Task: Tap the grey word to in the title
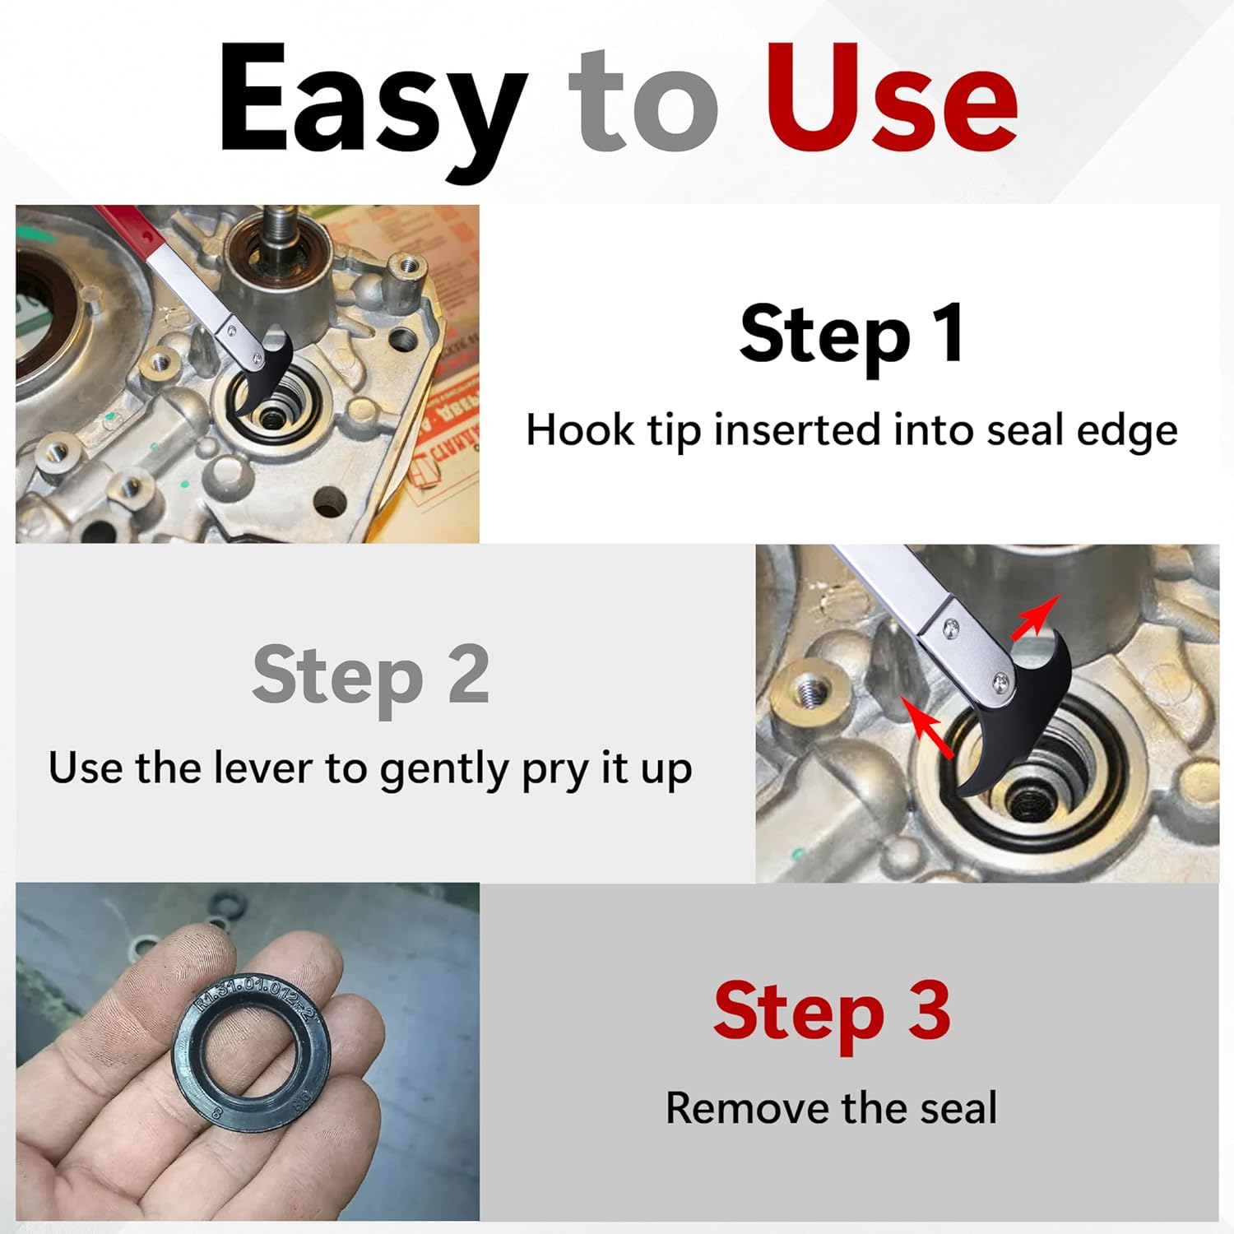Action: pos(643,104)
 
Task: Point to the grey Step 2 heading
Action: pos(371,675)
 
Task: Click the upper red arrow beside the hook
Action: pos(1034,618)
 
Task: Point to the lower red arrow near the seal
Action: pos(928,727)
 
